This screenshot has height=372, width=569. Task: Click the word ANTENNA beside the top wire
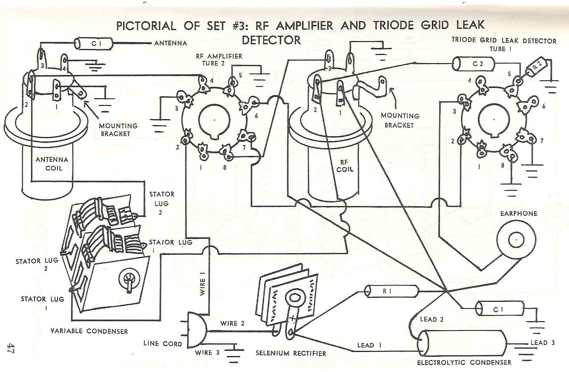pyautogui.click(x=170, y=43)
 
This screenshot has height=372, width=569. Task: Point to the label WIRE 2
pyautogui.click(x=232, y=323)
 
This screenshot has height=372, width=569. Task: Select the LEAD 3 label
pyautogui.click(x=542, y=343)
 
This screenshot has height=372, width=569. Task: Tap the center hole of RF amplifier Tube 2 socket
pyautogui.click(x=214, y=120)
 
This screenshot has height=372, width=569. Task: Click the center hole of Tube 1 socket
pyautogui.click(x=494, y=120)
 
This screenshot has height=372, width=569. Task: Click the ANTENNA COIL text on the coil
pyautogui.click(x=52, y=164)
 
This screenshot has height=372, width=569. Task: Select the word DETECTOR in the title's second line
pyautogui.click(x=271, y=40)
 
